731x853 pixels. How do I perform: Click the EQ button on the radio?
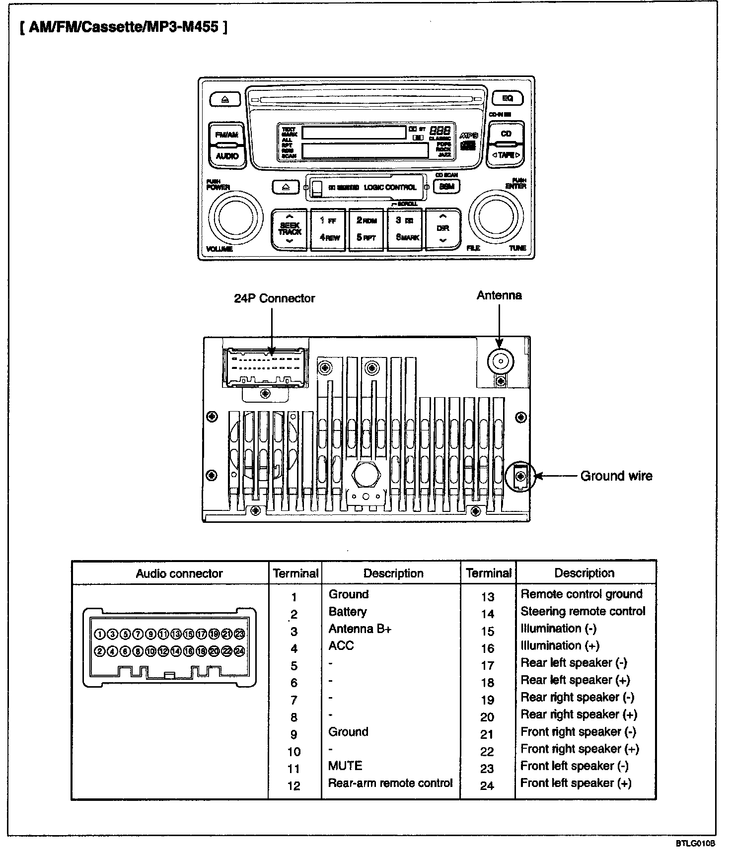point(507,98)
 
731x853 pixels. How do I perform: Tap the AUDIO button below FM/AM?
point(227,156)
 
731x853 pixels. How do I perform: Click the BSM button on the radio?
point(446,187)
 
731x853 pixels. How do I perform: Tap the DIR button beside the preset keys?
point(442,228)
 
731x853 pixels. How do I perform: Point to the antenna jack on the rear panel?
point(500,361)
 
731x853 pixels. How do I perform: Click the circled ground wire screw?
point(520,476)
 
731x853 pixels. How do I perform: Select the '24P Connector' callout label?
point(274,298)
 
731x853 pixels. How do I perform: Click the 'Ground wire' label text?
point(616,476)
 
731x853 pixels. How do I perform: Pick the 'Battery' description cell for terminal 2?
point(348,612)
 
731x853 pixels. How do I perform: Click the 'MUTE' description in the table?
point(345,766)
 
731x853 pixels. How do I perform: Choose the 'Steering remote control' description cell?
point(583,612)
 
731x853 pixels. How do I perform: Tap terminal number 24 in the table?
point(487,785)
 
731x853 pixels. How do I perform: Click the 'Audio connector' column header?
point(179,573)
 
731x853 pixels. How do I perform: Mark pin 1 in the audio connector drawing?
point(99,634)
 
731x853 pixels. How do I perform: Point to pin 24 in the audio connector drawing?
point(240,651)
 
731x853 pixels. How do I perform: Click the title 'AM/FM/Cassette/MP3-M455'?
point(124,27)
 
